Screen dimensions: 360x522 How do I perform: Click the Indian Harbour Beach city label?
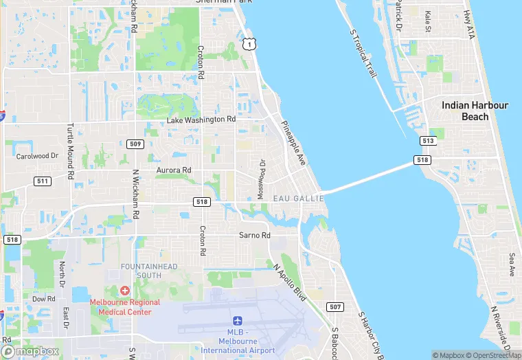[475, 111]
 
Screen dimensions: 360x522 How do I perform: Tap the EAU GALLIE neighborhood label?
[299, 198]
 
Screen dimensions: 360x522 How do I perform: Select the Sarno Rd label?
[255, 235]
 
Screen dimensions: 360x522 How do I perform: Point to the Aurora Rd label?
[174, 170]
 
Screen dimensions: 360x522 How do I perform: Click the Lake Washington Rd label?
[201, 120]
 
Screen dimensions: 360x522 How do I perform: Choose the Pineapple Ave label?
[293, 144]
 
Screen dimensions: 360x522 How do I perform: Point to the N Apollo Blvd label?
[288, 282]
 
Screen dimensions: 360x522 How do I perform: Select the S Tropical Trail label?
[365, 53]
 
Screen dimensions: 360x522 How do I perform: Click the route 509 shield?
[135, 144]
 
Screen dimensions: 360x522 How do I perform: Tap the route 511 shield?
[43, 181]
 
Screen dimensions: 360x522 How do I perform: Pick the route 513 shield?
[429, 140]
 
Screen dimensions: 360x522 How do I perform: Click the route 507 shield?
[335, 306]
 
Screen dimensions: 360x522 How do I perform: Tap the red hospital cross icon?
[124, 292]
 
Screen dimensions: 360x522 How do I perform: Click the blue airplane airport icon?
[238, 322]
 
